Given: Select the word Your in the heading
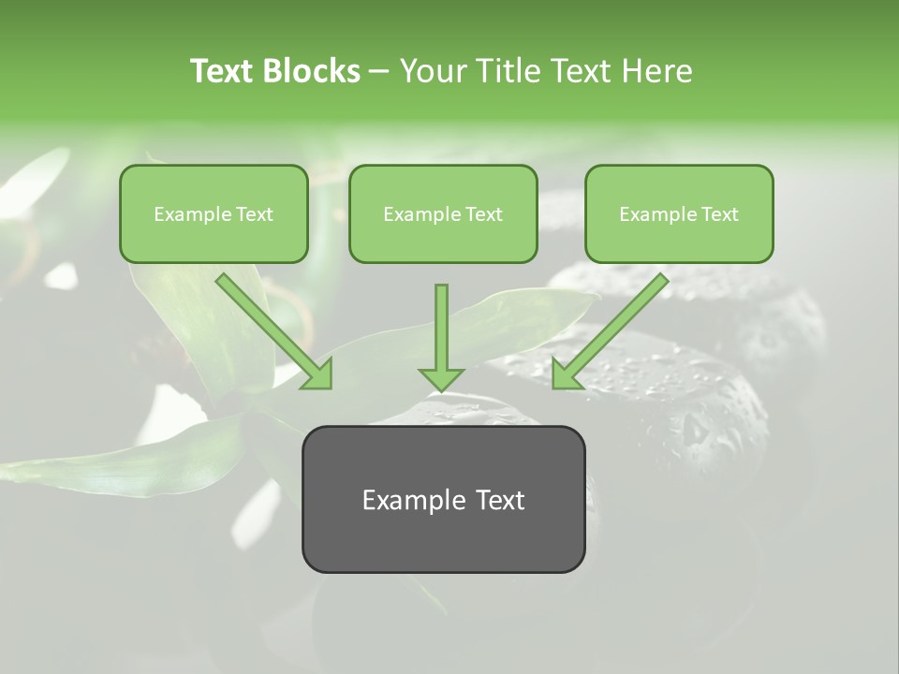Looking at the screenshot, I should pyautogui.click(x=433, y=71).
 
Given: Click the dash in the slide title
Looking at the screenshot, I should pyautogui.click(x=379, y=71).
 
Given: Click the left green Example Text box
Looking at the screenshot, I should pyautogui.click(x=214, y=213).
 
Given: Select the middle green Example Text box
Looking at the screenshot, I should pyautogui.click(x=443, y=213).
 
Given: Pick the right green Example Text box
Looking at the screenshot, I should pyautogui.click(x=679, y=213).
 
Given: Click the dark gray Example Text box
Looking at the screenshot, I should pyautogui.click(x=443, y=499).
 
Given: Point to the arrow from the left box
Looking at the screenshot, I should pyautogui.click(x=272, y=329).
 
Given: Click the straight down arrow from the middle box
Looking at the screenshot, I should pyautogui.click(x=441, y=332).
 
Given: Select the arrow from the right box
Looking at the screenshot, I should pyautogui.click(x=613, y=328).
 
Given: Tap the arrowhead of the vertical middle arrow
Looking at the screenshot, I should pyautogui.click(x=441, y=378).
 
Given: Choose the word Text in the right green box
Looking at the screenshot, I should pyautogui.click(x=719, y=214).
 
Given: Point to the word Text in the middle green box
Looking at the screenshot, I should pyautogui.click(x=483, y=214).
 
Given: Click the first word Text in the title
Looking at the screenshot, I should pyautogui.click(x=223, y=71).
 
